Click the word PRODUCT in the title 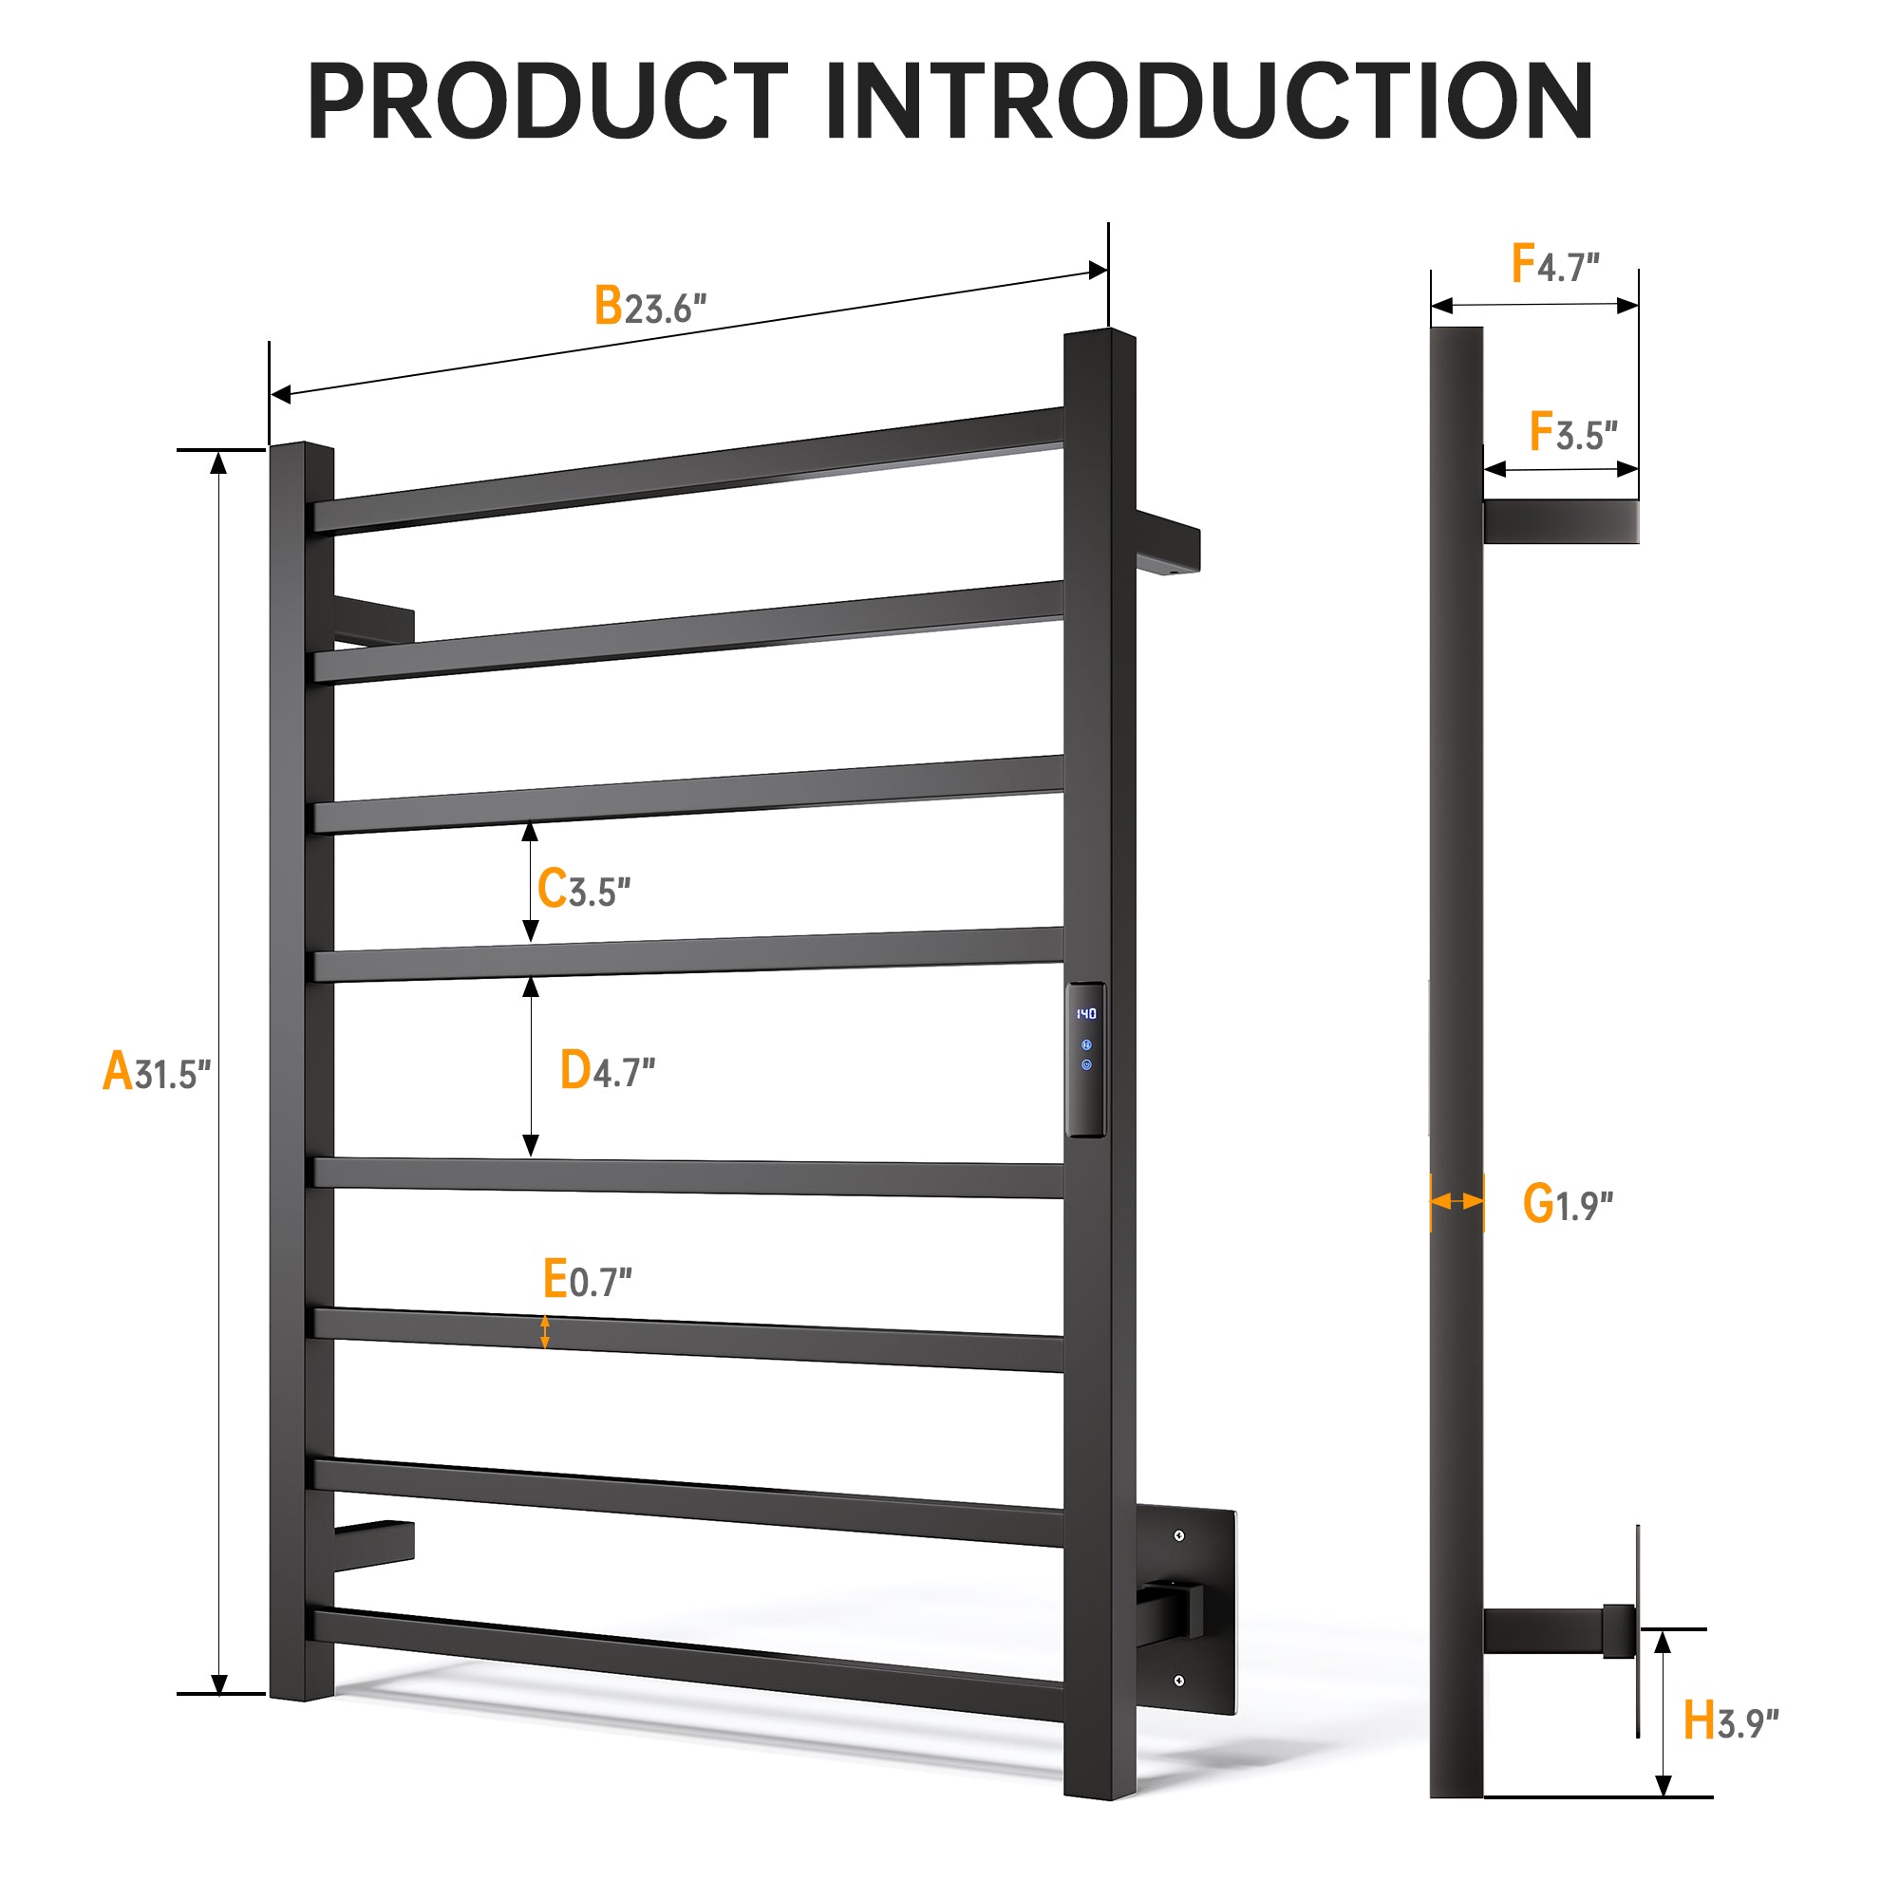(549, 102)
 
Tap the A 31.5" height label (157, 1071)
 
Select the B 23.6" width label (649, 306)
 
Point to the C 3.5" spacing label (584, 889)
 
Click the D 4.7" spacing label (608, 1069)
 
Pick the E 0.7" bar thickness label (588, 1279)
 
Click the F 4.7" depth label (1555, 263)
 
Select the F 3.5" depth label (1573, 431)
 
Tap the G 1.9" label (1568, 1204)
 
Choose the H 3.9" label (1731, 1720)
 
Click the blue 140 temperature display (1085, 1013)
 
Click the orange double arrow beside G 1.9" (1457, 1201)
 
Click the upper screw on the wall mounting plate (1178, 1535)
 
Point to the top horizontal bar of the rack (688, 470)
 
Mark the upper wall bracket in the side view (1561, 521)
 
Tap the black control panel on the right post (1085, 1060)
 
